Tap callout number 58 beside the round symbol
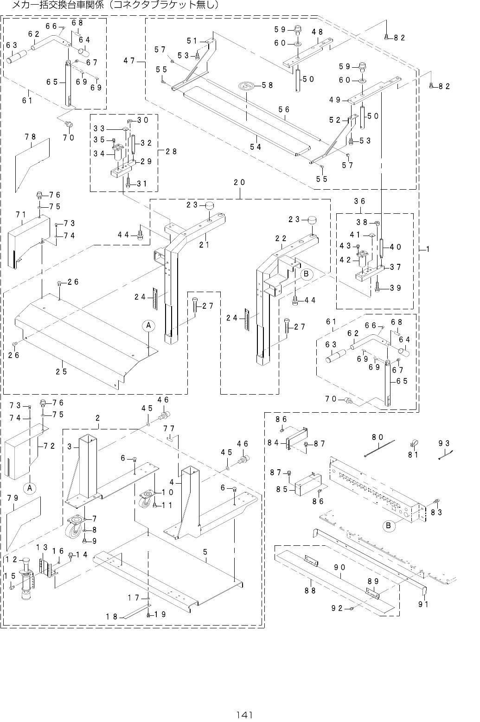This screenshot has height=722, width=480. [267, 85]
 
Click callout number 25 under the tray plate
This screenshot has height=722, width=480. [62, 371]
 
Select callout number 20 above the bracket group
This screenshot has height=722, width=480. [239, 183]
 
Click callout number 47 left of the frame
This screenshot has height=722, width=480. [129, 60]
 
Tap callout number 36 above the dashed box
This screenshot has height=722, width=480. [360, 201]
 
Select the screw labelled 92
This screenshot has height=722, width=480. [352, 607]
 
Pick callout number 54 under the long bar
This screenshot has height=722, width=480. [256, 147]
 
